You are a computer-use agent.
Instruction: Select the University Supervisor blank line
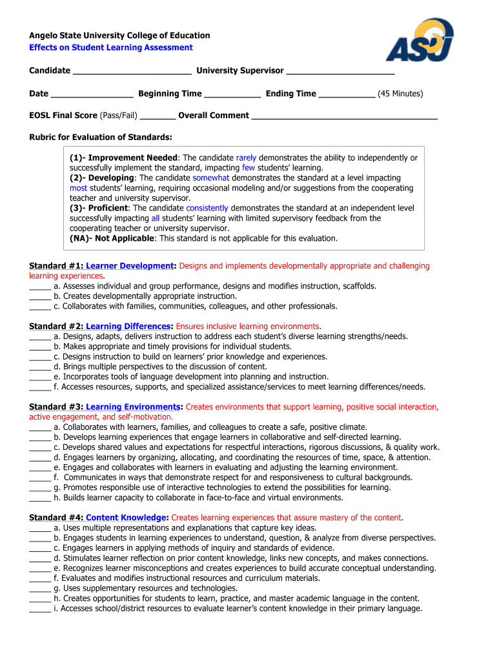pos(340,71)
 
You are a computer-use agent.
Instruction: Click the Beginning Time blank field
pos(232,94)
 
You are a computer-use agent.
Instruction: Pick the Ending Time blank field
pos(347,94)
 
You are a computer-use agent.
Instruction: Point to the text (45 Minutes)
pos(400,94)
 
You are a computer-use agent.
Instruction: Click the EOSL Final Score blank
pos(157,116)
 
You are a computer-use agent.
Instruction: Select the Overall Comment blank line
pos(344,116)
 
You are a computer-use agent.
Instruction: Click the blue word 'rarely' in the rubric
pos(246,158)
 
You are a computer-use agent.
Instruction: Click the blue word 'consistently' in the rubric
pos(207,208)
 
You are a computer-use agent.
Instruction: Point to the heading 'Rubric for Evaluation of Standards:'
pos(101,137)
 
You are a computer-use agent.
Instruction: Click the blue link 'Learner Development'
pos(130,266)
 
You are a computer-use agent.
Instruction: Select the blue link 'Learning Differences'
pos(128,326)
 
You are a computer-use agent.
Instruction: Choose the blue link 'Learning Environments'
pos(132,407)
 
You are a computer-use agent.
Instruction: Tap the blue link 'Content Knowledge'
pos(126,518)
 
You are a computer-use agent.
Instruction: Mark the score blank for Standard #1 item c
pos(39,307)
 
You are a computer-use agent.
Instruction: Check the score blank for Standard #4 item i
pos(39,609)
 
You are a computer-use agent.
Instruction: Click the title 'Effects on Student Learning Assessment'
pos(111,48)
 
